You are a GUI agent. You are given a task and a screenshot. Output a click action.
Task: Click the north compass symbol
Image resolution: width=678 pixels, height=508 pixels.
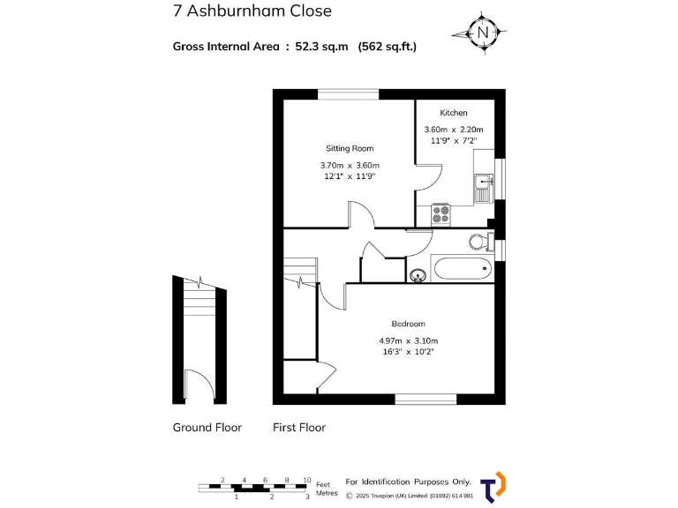(482, 34)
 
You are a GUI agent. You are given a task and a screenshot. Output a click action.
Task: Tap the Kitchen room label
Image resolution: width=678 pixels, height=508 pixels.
(453, 113)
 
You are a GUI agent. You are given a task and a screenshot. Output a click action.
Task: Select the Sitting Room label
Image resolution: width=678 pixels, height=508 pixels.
(350, 148)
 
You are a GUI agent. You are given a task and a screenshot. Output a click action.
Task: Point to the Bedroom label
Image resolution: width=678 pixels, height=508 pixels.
(408, 324)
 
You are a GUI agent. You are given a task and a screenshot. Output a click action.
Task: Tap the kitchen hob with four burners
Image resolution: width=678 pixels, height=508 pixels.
(441, 213)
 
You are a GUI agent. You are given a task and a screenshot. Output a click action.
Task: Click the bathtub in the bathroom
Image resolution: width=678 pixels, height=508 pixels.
(462, 269)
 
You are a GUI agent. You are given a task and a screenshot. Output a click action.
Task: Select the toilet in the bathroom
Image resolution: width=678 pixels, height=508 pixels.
(479, 241)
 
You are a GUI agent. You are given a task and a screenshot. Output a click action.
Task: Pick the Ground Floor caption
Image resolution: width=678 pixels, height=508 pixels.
(207, 428)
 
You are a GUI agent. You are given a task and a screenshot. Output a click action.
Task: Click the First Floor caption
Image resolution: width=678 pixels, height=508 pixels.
(299, 428)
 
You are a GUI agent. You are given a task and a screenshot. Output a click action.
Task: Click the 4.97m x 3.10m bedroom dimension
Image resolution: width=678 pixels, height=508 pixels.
(408, 340)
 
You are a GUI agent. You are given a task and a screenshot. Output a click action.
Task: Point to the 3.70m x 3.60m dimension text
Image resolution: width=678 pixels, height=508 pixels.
(350, 165)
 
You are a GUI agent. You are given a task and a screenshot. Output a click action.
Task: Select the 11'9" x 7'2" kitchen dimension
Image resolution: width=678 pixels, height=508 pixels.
(453, 140)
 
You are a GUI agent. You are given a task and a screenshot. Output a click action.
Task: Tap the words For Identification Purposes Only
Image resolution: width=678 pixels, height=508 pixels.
(408, 482)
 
